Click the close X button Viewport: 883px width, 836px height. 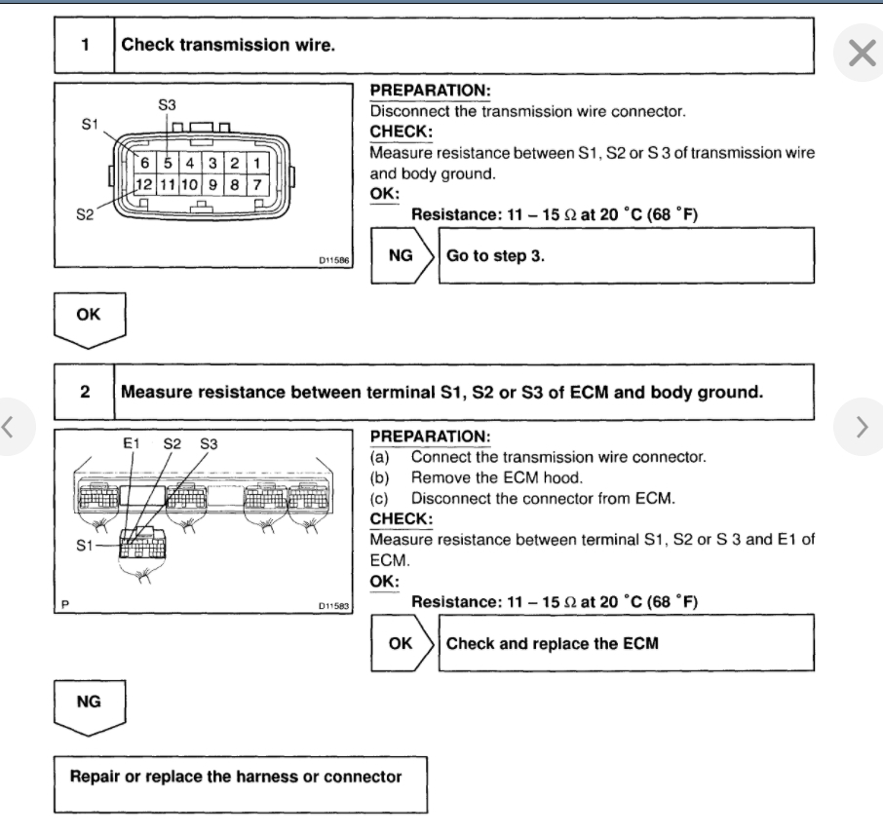coord(862,53)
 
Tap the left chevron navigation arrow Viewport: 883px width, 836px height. coord(10,426)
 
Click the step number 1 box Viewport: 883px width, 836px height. coord(85,46)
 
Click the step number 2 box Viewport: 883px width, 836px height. coord(85,392)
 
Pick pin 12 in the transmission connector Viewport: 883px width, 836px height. coord(142,183)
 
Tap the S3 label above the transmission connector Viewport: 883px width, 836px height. coord(168,104)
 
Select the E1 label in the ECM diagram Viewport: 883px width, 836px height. coord(134,444)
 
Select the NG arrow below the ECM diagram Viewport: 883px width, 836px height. coord(89,702)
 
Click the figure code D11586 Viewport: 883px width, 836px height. coord(335,261)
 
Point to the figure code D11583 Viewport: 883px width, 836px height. coord(335,605)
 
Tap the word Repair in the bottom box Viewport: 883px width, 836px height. coord(97,778)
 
